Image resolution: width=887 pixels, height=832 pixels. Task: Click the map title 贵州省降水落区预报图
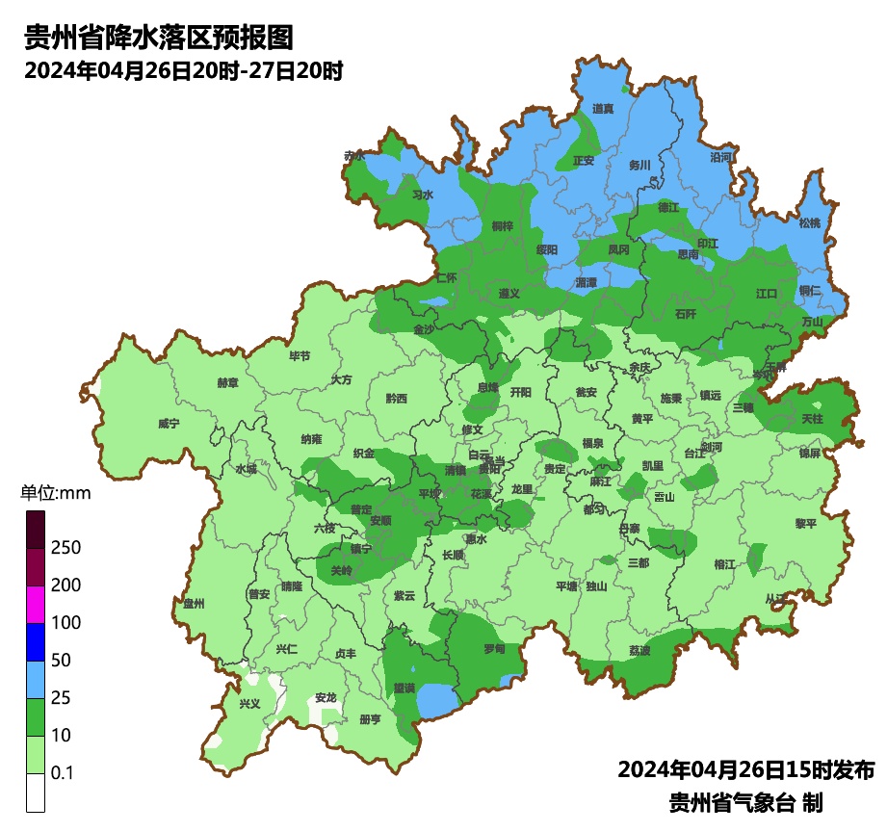[158, 39]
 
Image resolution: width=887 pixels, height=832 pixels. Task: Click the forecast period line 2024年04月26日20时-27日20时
[184, 71]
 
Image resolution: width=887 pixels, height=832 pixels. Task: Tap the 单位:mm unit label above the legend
[55, 494]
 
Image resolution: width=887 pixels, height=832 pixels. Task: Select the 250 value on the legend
[66, 548]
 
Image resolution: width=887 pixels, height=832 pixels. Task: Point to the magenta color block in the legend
[36, 604]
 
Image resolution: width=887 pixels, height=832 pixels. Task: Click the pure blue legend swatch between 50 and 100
[36, 641]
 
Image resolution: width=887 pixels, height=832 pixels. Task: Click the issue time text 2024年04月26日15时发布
[745, 770]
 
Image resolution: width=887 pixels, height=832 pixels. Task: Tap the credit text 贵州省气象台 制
[745, 802]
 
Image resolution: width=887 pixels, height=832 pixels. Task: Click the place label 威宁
[169, 424]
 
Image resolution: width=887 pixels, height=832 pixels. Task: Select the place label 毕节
[300, 355]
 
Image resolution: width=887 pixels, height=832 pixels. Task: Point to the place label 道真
[604, 109]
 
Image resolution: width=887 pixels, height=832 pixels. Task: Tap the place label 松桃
[810, 222]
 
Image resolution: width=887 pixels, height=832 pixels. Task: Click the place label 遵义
[509, 293]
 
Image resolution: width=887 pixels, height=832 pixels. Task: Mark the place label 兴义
[249, 704]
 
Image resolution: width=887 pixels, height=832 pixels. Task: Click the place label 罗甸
[494, 649]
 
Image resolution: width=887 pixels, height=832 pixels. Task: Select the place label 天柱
[812, 419]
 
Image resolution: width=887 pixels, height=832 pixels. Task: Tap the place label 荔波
[639, 651]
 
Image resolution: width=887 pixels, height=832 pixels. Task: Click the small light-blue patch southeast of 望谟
[438, 701]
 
